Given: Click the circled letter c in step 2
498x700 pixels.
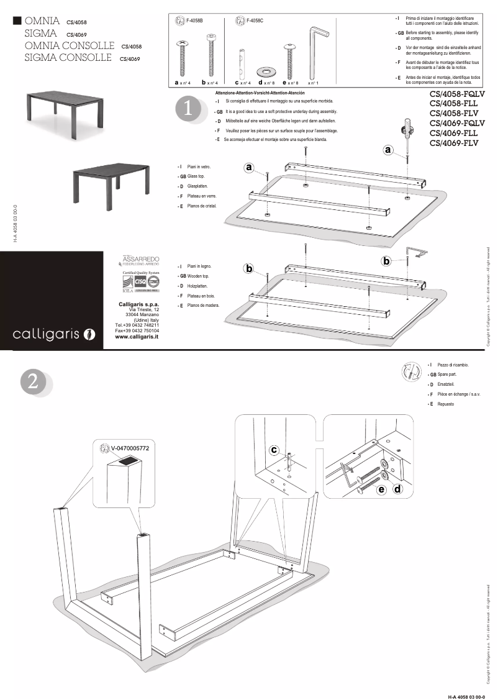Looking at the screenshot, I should click(274, 449).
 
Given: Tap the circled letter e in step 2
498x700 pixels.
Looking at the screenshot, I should click(381, 489).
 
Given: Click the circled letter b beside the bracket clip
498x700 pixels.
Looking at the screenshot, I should click(386, 261).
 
